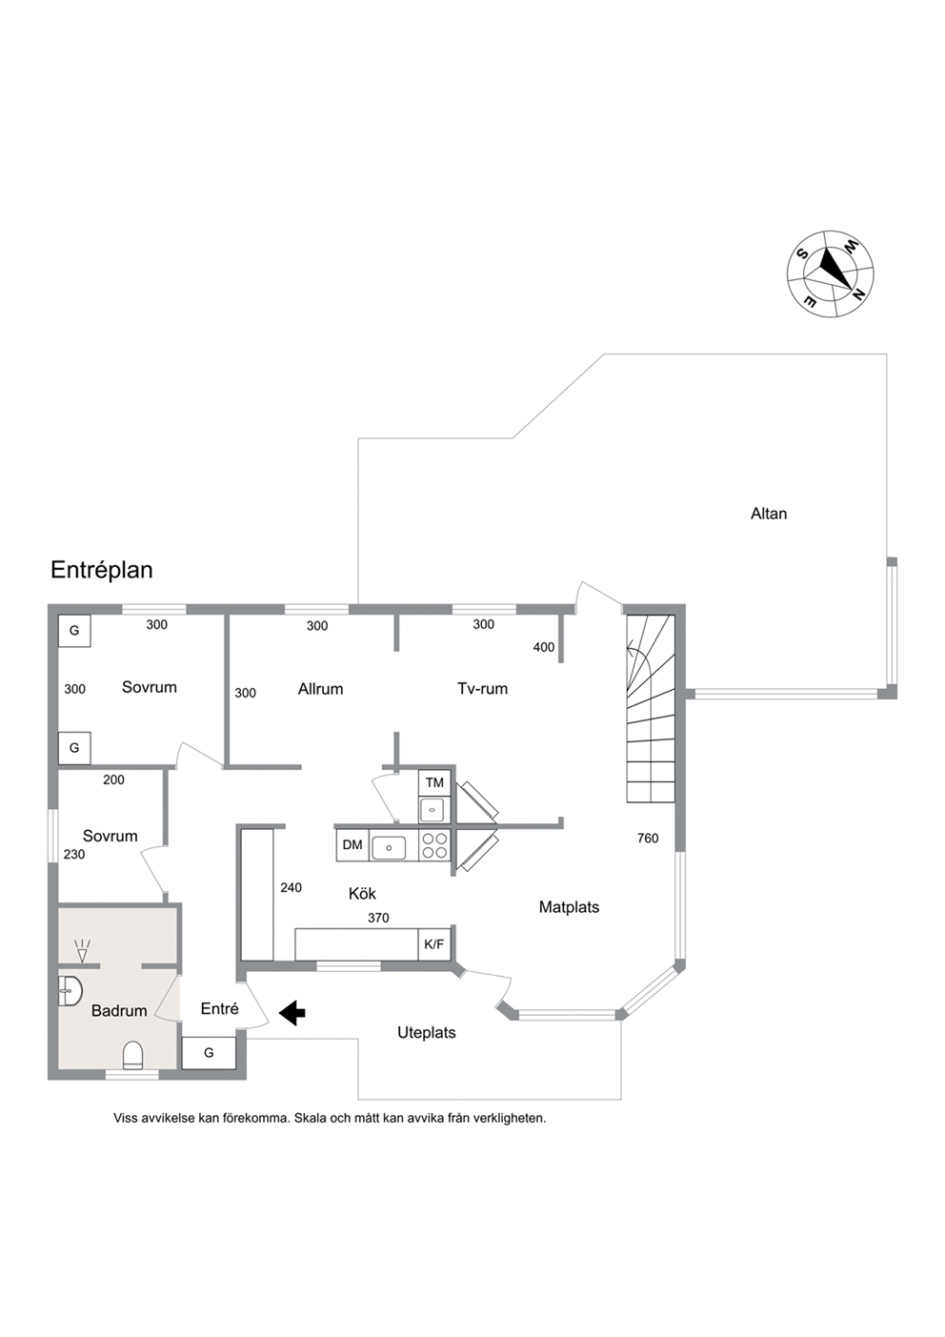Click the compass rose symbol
pyautogui.click(x=831, y=273)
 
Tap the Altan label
pyautogui.click(x=769, y=514)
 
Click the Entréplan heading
pyautogui.click(x=102, y=570)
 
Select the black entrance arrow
pyautogui.click(x=292, y=1013)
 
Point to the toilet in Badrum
pyautogui.click(x=133, y=1055)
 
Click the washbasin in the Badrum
pyautogui.click(x=70, y=991)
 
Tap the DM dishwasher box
pyautogui.click(x=352, y=844)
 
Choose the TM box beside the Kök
pyautogui.click(x=434, y=782)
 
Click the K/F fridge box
pyautogui.click(x=433, y=944)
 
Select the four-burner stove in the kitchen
pyautogui.click(x=434, y=844)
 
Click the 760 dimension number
pyautogui.click(x=648, y=839)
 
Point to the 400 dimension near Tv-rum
pyautogui.click(x=544, y=647)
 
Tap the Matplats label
pyautogui.click(x=569, y=907)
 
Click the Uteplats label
pyautogui.click(x=427, y=1033)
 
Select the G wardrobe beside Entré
pyautogui.click(x=209, y=1053)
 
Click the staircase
pyautogui.click(x=651, y=708)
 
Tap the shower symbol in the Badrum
pyautogui.click(x=82, y=950)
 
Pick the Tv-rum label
pyautogui.click(x=483, y=689)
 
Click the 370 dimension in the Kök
pyautogui.click(x=378, y=918)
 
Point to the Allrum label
pyautogui.click(x=321, y=689)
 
